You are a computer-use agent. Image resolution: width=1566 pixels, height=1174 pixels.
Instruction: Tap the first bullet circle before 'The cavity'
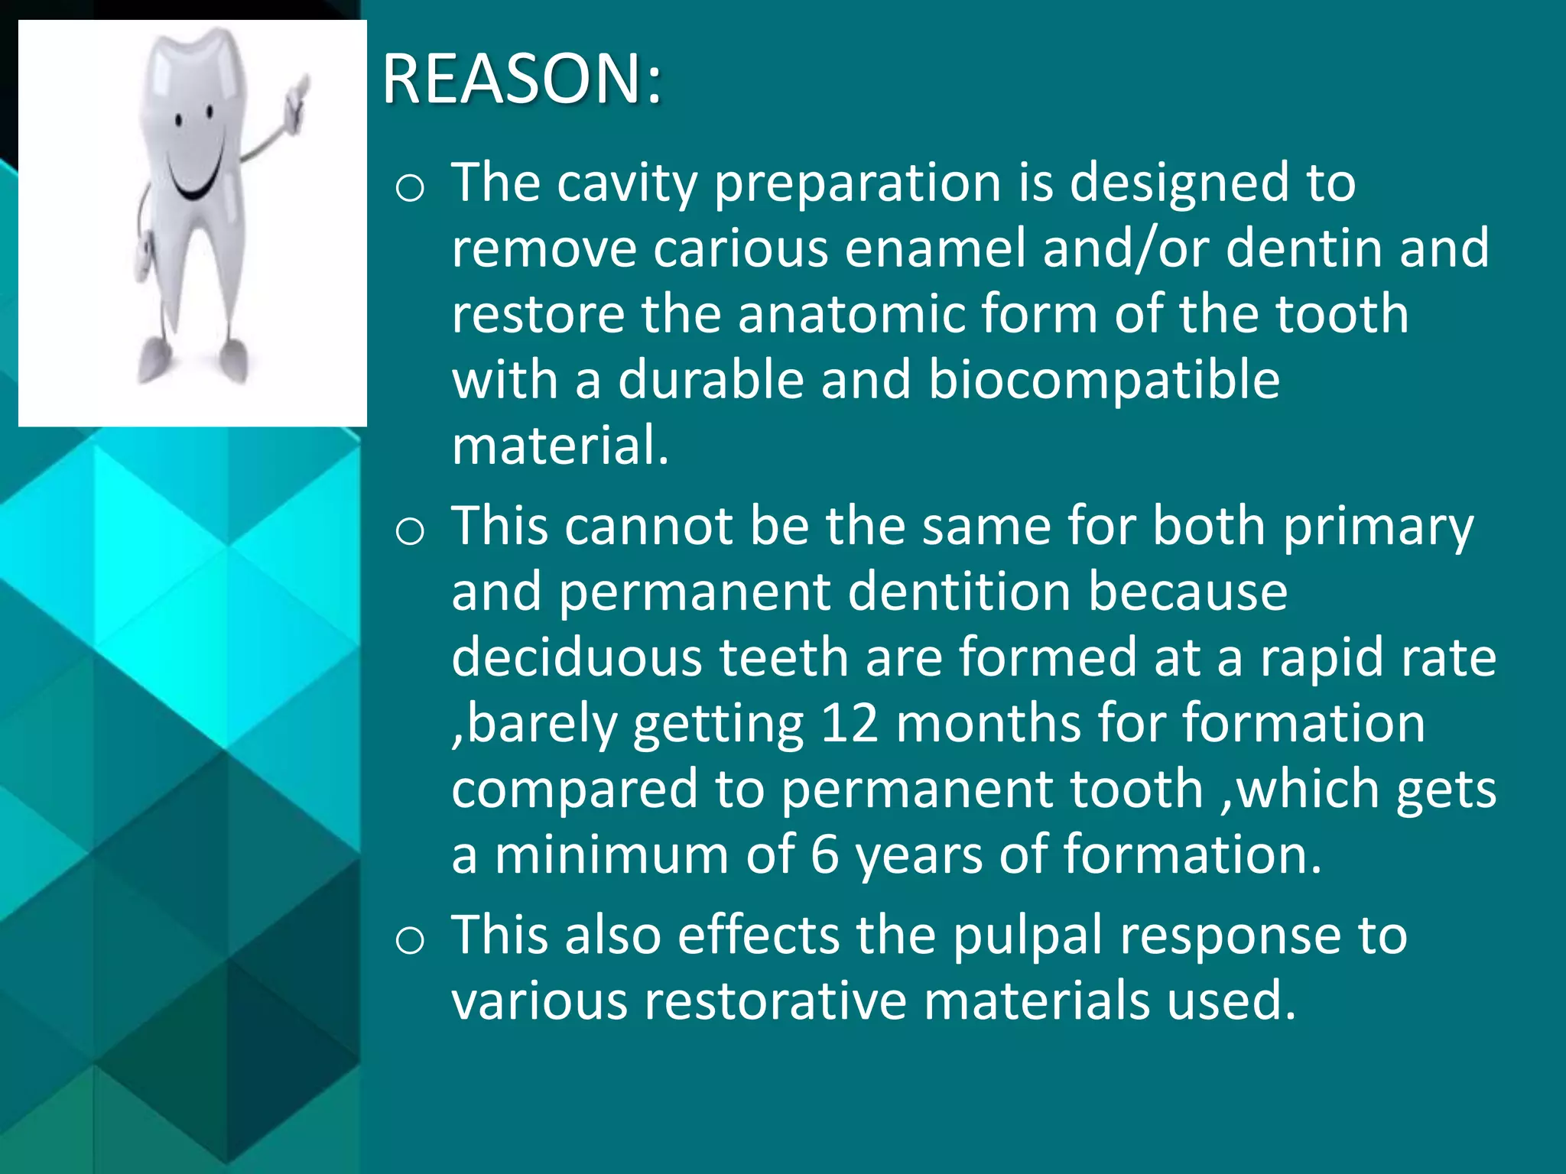(411, 188)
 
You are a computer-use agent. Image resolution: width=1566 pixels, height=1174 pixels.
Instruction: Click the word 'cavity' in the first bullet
(626, 183)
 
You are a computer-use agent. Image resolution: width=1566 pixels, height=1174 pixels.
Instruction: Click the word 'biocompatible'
(1103, 380)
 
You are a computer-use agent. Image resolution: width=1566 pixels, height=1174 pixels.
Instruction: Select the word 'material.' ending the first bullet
(560, 446)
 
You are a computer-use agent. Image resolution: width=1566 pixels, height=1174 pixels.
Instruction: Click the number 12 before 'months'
(849, 724)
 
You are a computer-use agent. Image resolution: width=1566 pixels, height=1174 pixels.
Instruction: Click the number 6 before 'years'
(824, 855)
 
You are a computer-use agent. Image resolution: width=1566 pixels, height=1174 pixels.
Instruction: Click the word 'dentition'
(959, 592)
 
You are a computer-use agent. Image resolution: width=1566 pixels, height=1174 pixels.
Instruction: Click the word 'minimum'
(611, 855)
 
